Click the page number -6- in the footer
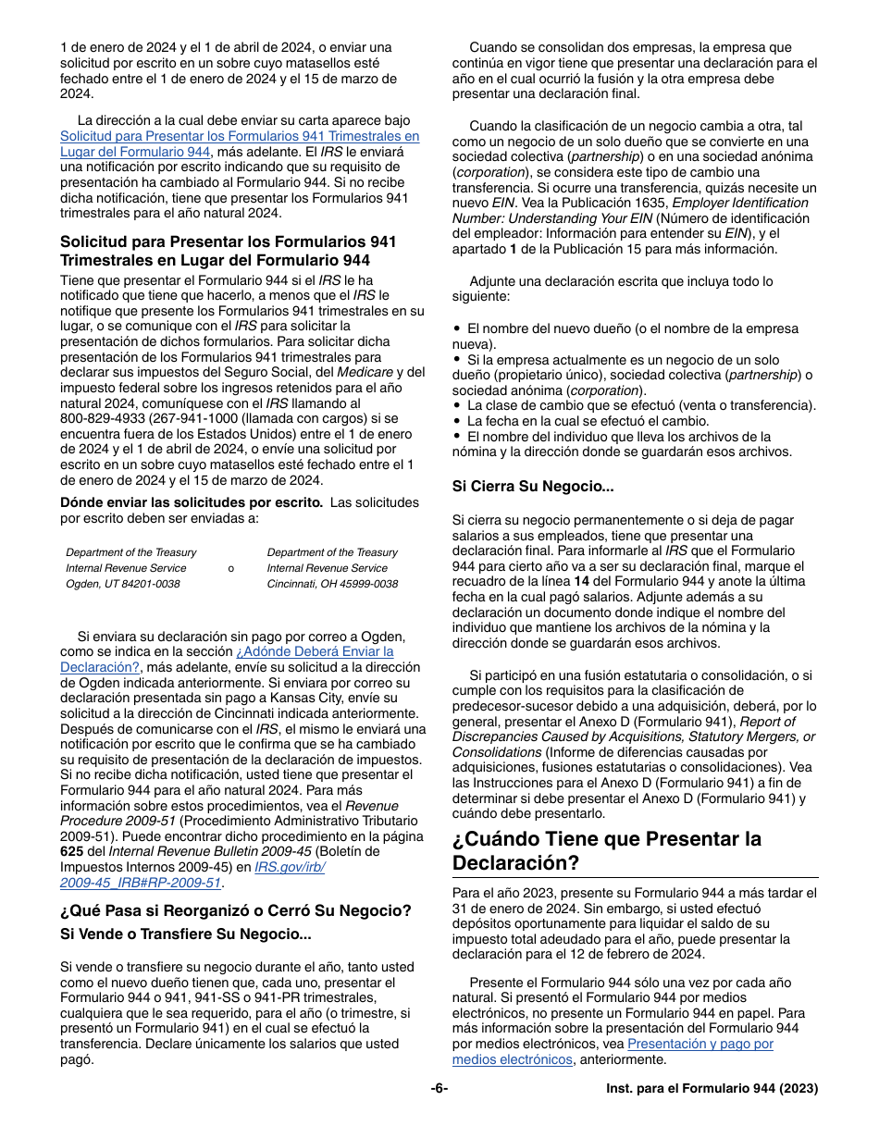pos(439,1089)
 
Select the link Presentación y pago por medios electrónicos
pos(700,1044)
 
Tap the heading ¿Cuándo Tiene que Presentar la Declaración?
pos(607,850)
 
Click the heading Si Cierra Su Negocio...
pos(532,486)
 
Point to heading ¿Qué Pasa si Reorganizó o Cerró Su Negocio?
pos(235,909)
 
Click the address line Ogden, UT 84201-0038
pos(123,584)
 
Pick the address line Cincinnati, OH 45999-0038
pos(332,584)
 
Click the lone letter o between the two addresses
pos(230,568)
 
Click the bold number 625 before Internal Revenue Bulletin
pos(71,852)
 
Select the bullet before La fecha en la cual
pos(457,421)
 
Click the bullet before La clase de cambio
pos(457,405)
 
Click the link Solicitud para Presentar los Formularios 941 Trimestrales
pos(240,136)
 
